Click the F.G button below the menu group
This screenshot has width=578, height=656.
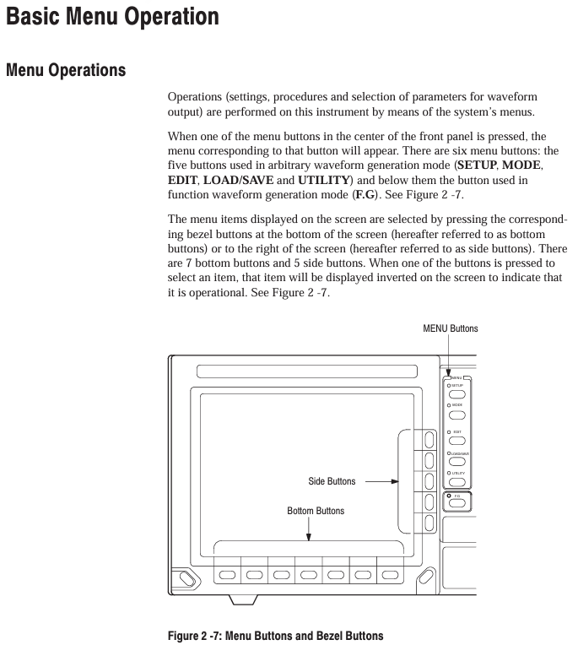pos(458,503)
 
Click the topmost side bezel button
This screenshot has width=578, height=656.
pos(429,439)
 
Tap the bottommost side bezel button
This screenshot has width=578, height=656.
pos(429,523)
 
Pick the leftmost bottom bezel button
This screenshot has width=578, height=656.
pos(228,574)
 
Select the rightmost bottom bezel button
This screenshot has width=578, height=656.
pos(390,574)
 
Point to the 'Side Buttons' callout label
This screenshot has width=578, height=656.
pos(332,481)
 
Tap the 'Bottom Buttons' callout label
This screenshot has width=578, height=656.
pos(316,511)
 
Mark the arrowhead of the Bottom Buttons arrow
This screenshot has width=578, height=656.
pos(309,536)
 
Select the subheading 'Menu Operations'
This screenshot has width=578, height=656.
pos(66,71)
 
